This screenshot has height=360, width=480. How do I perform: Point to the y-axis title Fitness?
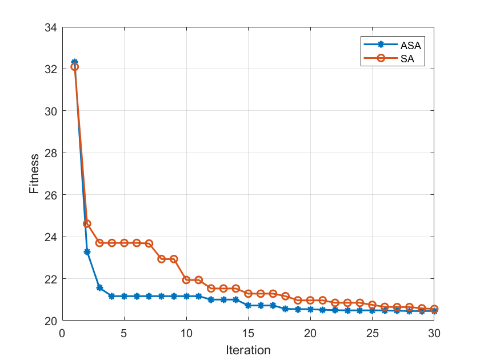35,173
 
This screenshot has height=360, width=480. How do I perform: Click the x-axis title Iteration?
248,350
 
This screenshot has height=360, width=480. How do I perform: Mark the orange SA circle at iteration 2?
87,223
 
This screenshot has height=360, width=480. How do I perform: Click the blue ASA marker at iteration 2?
87,251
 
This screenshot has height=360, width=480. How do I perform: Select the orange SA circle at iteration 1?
74,67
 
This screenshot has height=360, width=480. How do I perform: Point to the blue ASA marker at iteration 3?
99,287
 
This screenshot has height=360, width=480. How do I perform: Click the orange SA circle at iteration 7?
149,243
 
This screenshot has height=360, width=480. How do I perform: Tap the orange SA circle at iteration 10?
186,279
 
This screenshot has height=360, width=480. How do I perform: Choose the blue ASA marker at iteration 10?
186,296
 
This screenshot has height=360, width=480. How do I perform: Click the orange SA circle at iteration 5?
124,243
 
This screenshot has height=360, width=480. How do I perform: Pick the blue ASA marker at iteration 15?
248,305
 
